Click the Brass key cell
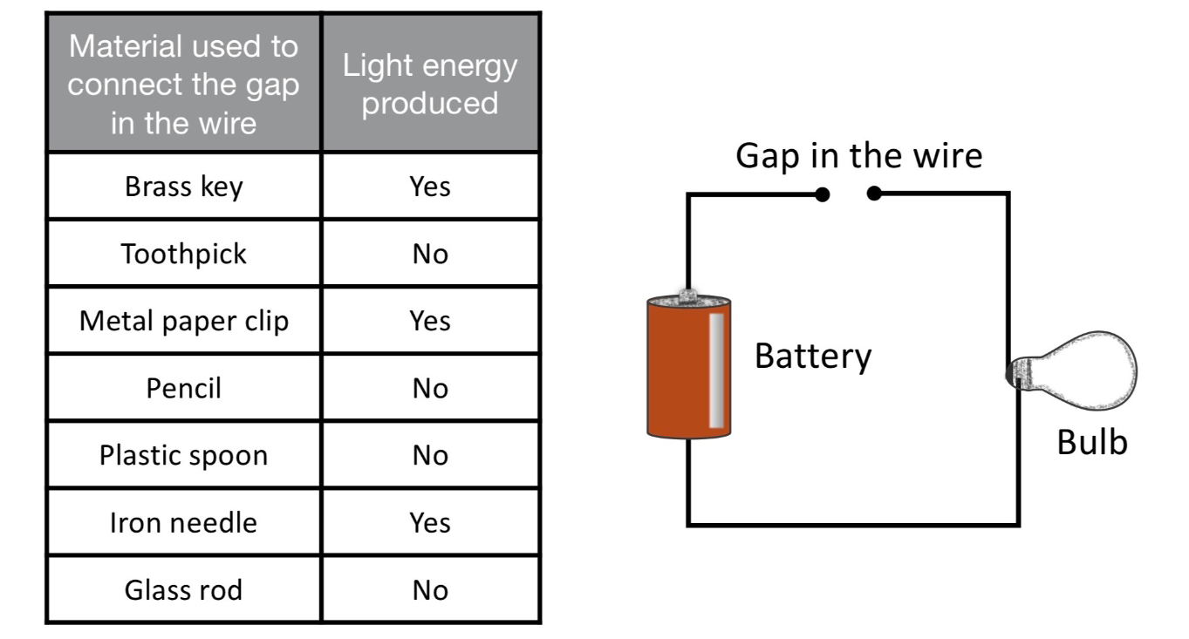183,187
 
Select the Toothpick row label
183,254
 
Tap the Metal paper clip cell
183,321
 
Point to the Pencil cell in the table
183,388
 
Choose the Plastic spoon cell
183,455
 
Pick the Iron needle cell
183,522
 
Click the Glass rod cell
183,590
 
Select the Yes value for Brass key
430,187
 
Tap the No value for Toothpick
430,254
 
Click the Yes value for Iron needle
430,522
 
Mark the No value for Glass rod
430,590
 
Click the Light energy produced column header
430,85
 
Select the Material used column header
183,85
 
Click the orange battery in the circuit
688,366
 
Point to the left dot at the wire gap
822,195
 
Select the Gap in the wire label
858,156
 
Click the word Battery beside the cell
812,357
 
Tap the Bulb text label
1091,442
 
